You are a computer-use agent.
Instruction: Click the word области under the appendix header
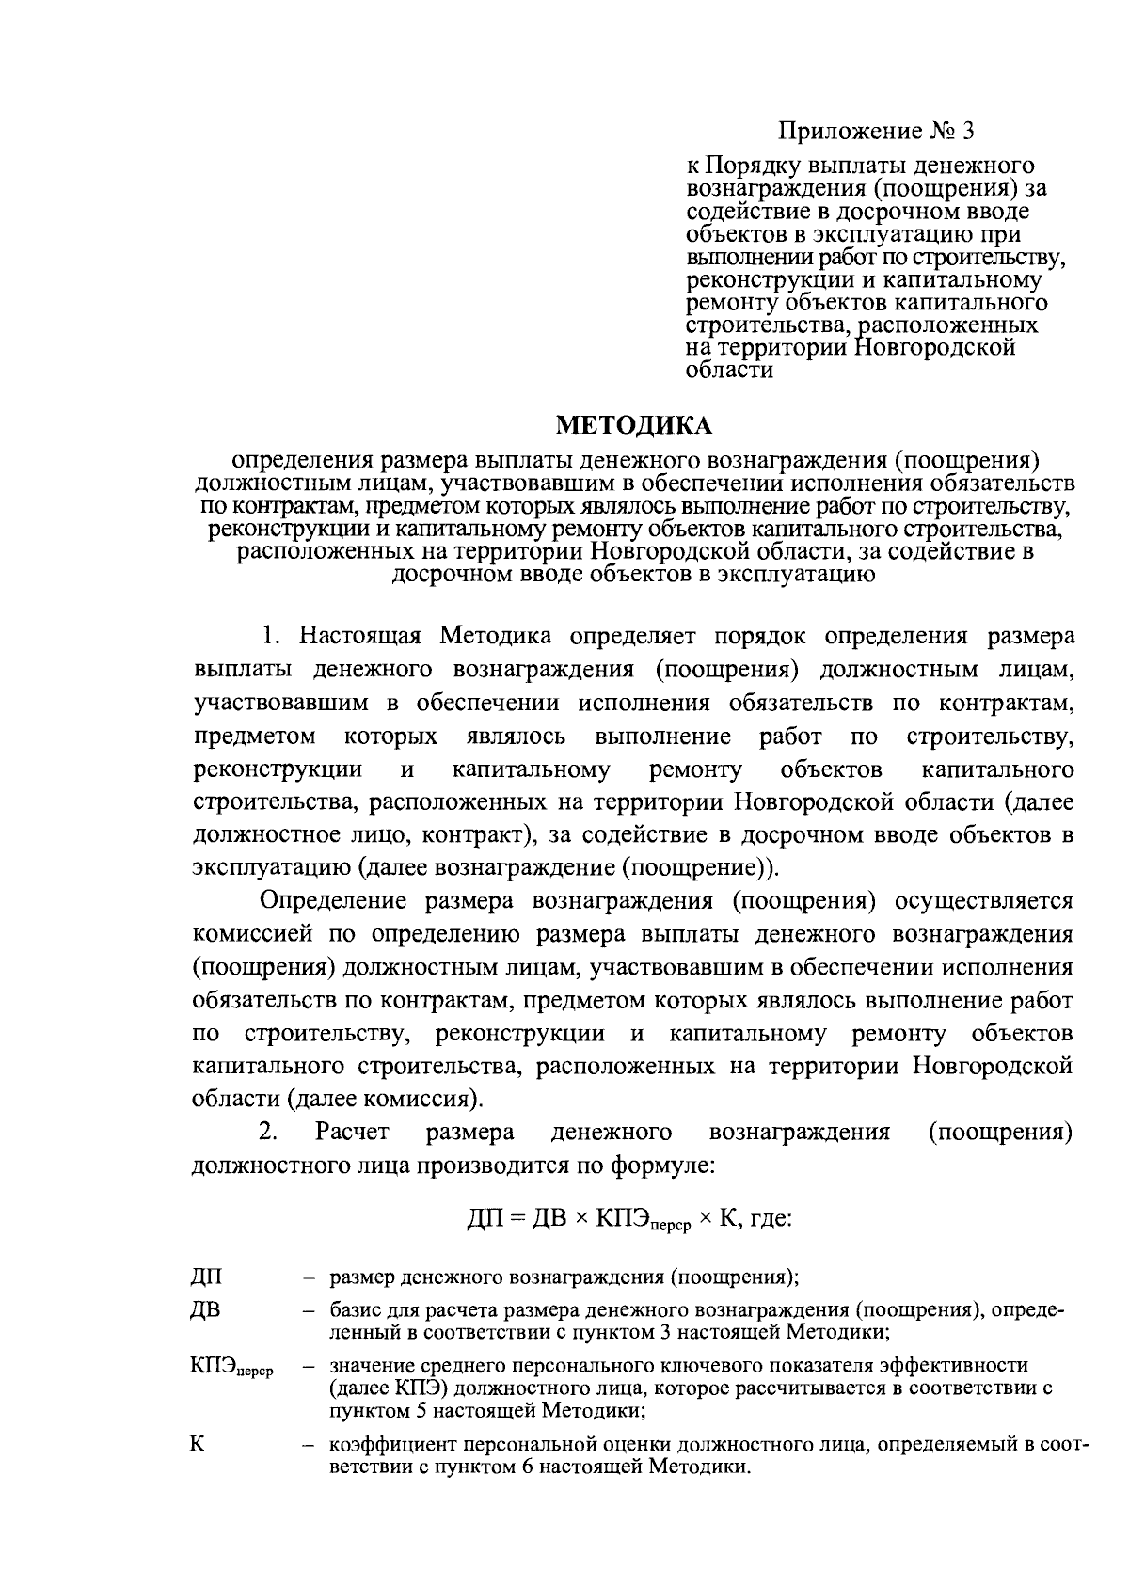tap(730, 371)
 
